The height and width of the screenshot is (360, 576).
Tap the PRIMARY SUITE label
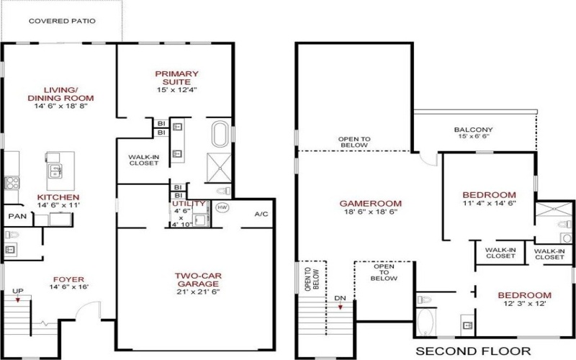tap(176, 78)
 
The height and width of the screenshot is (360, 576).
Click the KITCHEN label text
tap(59, 197)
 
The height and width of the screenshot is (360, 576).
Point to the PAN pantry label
tap(16, 215)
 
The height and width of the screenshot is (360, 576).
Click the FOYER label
tap(68, 279)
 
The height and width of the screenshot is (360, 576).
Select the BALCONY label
tap(473, 130)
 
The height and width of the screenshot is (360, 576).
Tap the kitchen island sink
tap(54, 170)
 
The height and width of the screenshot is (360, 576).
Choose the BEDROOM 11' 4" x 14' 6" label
tap(490, 195)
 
